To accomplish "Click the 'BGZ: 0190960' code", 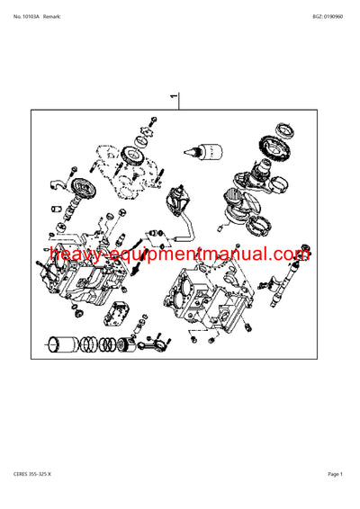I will coord(328,17).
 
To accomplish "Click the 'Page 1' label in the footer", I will coord(336,474).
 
